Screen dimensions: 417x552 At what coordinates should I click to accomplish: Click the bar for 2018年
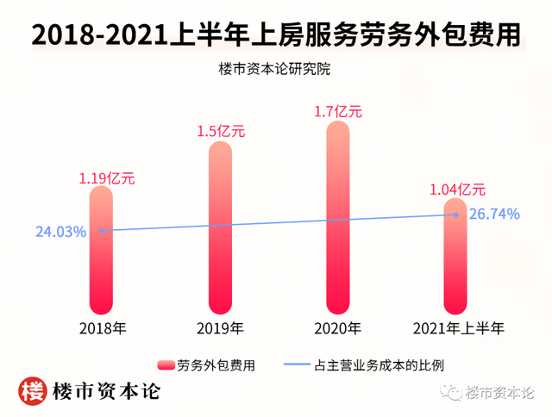[102, 250]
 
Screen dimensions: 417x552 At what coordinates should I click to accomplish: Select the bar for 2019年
[221, 227]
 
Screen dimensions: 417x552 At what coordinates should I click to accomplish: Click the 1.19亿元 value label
[107, 179]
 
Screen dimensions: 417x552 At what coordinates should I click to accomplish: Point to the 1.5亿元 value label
[222, 132]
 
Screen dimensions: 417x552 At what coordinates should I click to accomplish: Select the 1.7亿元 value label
[338, 111]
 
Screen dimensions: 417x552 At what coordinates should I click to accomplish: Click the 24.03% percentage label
[60, 231]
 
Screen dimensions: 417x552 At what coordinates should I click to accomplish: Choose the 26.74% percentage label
[494, 215]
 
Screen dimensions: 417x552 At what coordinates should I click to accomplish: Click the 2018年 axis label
[102, 328]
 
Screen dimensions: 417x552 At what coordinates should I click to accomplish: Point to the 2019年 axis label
[220, 328]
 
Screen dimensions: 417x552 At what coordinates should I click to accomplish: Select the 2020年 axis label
[337, 328]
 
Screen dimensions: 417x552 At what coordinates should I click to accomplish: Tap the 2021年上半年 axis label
[457, 328]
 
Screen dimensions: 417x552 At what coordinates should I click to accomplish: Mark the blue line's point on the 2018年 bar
[102, 230]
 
